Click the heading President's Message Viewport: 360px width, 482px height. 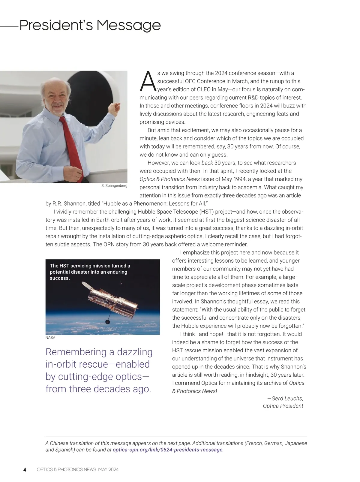[90, 26]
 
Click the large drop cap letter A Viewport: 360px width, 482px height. [148, 82]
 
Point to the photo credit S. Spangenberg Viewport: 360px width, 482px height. [114, 186]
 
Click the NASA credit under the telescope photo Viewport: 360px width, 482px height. [50, 338]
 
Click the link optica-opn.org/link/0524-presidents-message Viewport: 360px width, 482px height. [167, 450]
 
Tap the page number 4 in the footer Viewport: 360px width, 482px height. [25, 470]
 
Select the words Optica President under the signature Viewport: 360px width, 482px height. [283, 406]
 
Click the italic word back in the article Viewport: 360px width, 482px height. [207, 163]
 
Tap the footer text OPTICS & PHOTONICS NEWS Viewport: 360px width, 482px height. [66, 470]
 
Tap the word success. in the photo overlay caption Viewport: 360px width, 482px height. [60, 278]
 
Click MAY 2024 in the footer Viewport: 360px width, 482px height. [108, 470]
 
